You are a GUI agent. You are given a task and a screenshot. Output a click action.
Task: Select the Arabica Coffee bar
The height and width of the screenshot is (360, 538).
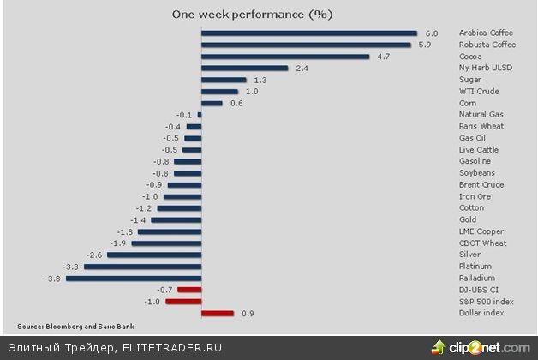(x=308, y=33)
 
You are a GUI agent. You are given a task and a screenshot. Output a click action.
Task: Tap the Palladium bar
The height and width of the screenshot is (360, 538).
(x=133, y=279)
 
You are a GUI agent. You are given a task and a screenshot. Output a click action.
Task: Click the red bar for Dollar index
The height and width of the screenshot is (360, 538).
(x=217, y=314)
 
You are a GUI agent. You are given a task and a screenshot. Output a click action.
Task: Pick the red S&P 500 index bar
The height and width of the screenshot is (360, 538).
(x=183, y=302)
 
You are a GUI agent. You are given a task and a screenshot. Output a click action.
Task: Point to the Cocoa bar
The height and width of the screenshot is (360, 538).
(x=284, y=57)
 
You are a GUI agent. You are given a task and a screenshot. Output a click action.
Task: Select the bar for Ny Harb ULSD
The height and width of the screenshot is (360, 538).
(x=244, y=68)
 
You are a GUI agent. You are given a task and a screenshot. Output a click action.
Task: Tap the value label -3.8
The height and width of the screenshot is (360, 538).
(x=53, y=279)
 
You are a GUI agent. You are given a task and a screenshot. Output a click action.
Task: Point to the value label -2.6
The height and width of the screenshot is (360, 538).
(x=94, y=255)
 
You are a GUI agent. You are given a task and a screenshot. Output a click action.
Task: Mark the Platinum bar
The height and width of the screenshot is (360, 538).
(x=142, y=267)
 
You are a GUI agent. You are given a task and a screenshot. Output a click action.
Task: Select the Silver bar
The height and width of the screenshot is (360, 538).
(x=153, y=255)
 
